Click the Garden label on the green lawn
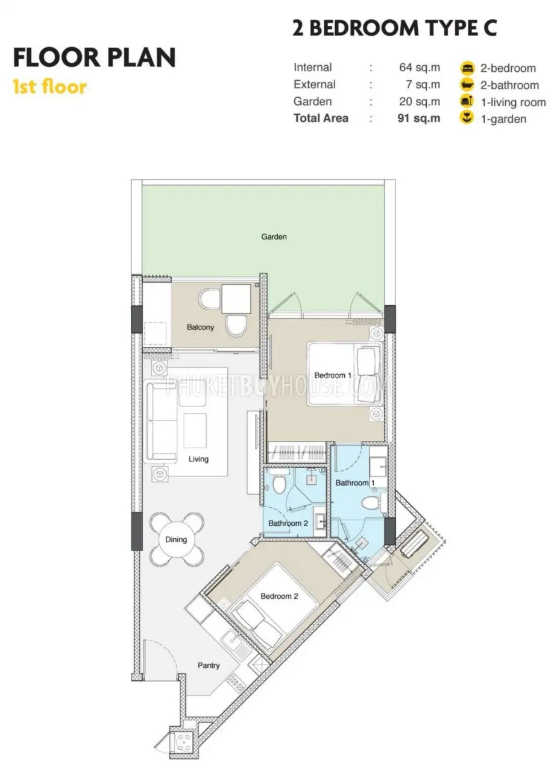coord(274,237)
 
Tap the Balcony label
coord(200,327)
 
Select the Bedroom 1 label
coord(332,375)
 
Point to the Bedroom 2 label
coord(279,596)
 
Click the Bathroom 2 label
coord(288,524)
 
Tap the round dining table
coord(176,539)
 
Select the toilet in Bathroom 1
coord(371,504)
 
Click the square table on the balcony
coord(236,299)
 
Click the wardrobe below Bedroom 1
coord(297,452)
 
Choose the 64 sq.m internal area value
coord(420,67)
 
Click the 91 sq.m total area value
coord(419,118)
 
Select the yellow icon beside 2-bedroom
coord(467,68)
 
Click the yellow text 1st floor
coord(49,87)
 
